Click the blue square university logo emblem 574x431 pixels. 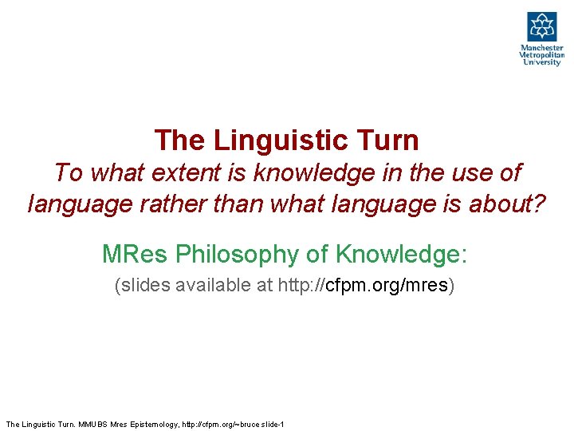pos(542,26)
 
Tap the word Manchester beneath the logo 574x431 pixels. pos(542,48)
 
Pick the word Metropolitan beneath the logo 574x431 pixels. pos(542,55)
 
